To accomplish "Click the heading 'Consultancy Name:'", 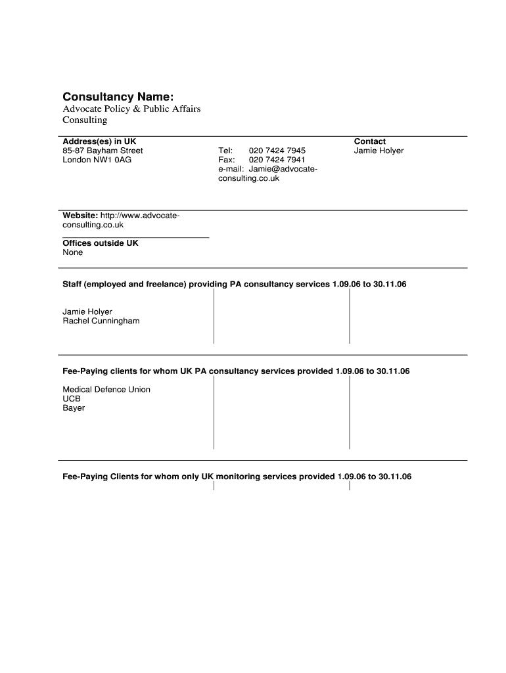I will point(118,97).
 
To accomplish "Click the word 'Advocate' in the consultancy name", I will point(81,108).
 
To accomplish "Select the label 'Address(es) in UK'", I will point(99,141).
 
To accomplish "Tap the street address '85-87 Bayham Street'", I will point(103,151).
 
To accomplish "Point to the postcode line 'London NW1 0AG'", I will point(97,160).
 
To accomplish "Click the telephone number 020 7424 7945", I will point(277,151).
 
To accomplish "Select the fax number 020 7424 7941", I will point(277,160).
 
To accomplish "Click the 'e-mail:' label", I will point(231,169).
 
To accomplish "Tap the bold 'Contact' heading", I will point(369,141).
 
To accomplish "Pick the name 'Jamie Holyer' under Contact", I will point(379,151).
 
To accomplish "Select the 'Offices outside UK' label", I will point(101,243).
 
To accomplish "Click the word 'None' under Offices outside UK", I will point(73,252).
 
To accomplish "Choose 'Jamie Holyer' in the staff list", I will point(87,312).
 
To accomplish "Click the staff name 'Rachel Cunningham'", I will point(101,321).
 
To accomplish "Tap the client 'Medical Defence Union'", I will point(106,389).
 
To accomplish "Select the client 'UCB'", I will point(72,398).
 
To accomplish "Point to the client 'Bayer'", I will point(74,407).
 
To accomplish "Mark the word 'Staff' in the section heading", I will point(72,285).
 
